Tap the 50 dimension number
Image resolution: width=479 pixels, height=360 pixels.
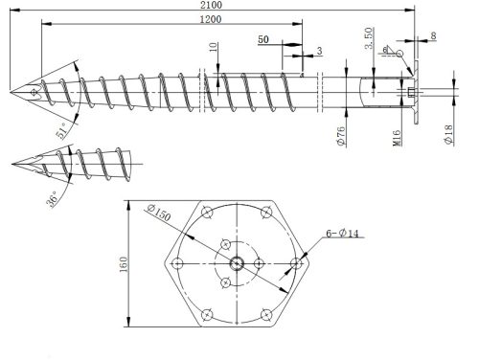pos(263,40)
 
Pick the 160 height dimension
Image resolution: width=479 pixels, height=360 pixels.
pos(121,262)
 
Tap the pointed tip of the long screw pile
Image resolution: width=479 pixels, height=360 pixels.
pos(11,93)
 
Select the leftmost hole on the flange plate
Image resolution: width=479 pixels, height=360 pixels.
pos(177,261)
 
